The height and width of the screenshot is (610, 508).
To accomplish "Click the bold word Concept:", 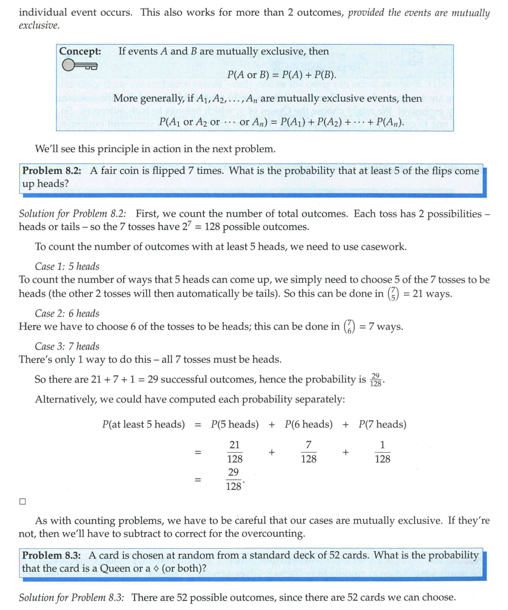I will click(x=80, y=51).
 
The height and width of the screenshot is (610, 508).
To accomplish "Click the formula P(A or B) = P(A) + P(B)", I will click(x=282, y=75).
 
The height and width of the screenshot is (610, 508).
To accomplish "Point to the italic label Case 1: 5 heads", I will click(x=67, y=266).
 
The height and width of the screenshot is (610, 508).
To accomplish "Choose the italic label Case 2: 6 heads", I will click(x=67, y=313).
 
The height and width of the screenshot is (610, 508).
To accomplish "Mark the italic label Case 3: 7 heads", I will click(x=67, y=346).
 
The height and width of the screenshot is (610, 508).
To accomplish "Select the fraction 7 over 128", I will click(x=309, y=452).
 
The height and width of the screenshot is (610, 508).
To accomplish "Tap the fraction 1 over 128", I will click(x=382, y=452).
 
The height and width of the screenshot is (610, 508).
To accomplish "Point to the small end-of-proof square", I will click(x=22, y=500).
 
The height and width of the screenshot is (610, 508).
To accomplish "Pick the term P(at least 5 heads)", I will click(x=143, y=424).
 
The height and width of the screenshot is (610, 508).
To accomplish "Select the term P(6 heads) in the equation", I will click(x=309, y=424).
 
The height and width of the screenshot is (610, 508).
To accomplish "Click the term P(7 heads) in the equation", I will click(x=382, y=424).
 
